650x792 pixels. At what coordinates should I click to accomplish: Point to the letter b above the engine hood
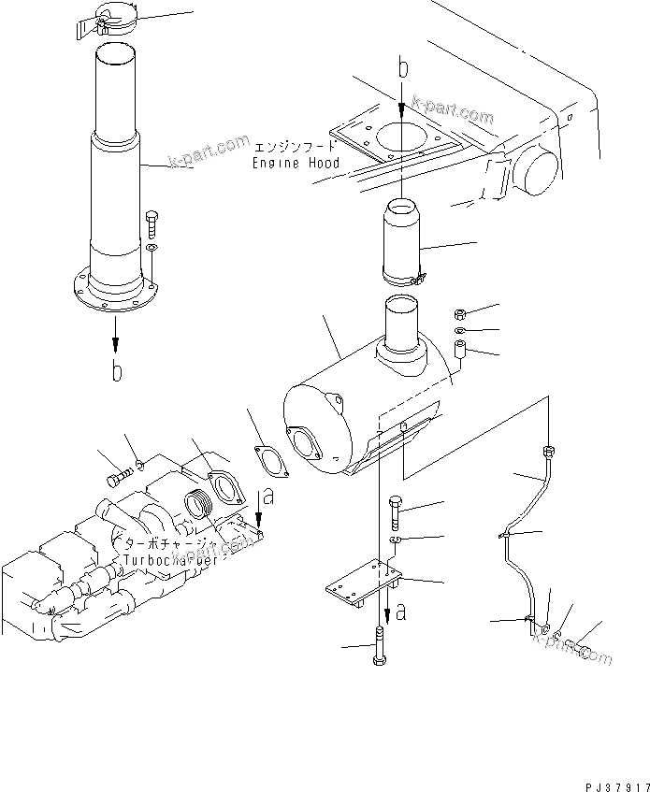(403, 68)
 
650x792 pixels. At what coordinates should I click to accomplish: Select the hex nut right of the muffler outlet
(461, 314)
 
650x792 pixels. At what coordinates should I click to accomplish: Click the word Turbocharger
(168, 559)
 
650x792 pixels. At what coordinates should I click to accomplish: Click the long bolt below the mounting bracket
(379, 646)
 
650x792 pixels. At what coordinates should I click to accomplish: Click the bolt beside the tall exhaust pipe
(152, 224)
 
